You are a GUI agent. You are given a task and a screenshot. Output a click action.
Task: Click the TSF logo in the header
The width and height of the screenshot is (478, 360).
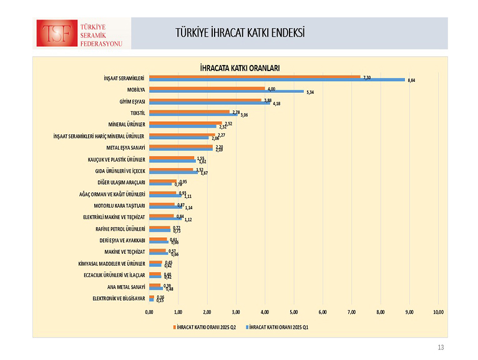(82, 34)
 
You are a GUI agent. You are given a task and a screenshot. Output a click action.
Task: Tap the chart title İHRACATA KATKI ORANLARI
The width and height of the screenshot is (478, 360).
(240, 67)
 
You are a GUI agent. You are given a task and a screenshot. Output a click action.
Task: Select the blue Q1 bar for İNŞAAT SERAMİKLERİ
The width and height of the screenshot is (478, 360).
(276, 80)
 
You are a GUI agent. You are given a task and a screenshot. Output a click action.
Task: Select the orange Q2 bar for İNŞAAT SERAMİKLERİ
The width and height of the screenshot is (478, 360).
(255, 77)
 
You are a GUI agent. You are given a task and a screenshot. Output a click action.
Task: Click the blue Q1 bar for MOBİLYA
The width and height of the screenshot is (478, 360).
(226, 91)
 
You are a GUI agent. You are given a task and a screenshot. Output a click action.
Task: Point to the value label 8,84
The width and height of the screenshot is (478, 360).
(411, 80)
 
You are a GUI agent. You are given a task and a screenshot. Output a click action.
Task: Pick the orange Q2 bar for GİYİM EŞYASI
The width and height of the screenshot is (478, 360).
(205, 100)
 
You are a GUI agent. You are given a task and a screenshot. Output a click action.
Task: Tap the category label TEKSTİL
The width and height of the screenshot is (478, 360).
(137, 112)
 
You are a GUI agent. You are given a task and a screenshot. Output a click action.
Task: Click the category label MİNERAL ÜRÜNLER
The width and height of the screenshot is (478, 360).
(127, 124)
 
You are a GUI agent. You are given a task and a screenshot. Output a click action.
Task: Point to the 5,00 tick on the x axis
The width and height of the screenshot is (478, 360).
(293, 311)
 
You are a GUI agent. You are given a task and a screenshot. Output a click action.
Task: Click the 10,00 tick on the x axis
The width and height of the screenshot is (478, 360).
(437, 311)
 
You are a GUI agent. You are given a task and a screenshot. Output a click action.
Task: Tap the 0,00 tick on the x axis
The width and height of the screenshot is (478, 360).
(149, 311)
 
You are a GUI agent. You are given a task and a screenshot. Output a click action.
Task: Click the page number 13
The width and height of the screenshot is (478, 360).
(441, 348)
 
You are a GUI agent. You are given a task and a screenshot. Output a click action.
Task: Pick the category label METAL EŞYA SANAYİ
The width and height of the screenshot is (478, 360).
(125, 148)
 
